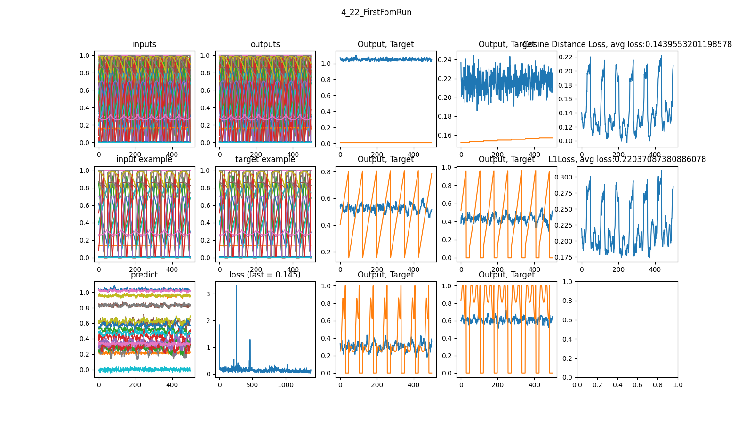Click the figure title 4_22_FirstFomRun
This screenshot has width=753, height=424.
click(x=376, y=12)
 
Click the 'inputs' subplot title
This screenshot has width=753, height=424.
click(x=144, y=44)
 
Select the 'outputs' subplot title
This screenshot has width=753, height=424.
click(x=265, y=44)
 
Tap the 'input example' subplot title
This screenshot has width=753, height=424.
click(x=144, y=159)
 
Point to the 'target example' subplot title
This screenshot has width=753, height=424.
click(x=265, y=159)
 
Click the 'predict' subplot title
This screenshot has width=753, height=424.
click(x=144, y=275)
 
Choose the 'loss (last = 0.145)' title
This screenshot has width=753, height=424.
click(x=265, y=275)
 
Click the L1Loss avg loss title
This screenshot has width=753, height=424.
click(x=627, y=159)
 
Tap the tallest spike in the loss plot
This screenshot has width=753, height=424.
click(x=236, y=286)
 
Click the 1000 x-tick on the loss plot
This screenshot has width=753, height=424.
click(x=286, y=385)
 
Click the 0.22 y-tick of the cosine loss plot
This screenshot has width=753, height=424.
click(x=565, y=57)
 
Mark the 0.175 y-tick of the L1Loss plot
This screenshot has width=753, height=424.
click(x=564, y=257)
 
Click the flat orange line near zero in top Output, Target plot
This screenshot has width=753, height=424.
click(x=386, y=143)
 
